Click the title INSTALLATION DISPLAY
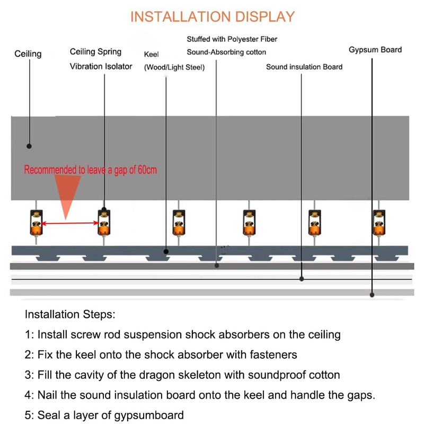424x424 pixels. coord(212,16)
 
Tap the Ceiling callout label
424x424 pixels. coord(28,54)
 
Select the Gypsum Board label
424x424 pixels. coord(375,50)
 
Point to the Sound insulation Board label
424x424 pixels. coord(304,67)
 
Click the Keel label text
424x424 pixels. coord(152,55)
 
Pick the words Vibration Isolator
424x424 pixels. coord(101,66)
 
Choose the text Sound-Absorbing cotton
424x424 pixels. coord(226,52)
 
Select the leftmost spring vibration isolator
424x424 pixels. coord(37,223)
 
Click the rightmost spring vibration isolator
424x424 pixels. coord(378,223)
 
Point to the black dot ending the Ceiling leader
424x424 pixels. coord(29,146)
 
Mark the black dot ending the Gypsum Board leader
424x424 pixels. coord(373,295)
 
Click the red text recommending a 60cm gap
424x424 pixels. coord(90,170)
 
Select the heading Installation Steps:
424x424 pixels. coord(69,314)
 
